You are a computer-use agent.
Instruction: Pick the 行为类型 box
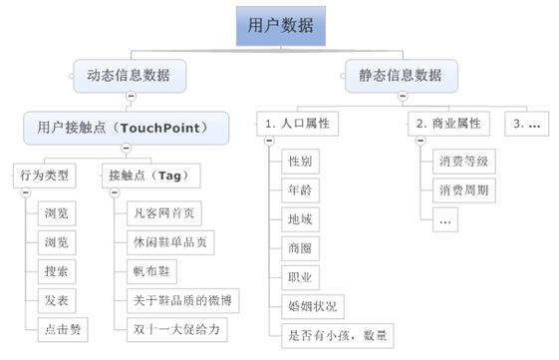point(45,177)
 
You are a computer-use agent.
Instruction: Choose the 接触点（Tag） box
point(150,177)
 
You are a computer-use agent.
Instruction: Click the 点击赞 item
point(63,327)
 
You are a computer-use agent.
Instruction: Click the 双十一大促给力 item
point(177,327)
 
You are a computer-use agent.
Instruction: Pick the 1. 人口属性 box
point(298,124)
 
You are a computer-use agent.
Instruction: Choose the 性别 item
point(301,161)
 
